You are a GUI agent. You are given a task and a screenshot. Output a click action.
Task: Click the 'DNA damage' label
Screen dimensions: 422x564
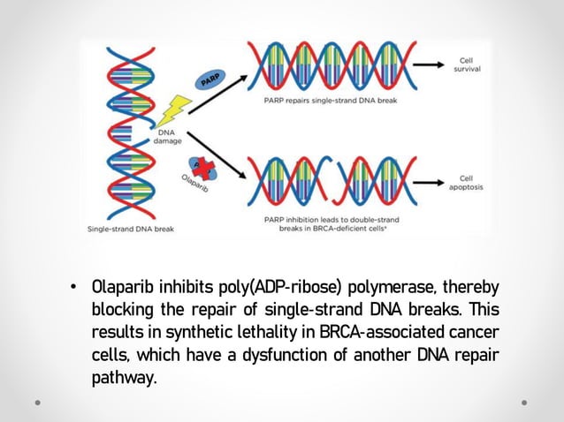click(x=169, y=136)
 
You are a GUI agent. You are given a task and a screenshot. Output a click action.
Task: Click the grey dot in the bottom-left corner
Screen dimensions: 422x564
click(x=37, y=403)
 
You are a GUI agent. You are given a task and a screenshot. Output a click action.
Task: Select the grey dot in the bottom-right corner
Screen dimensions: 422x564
click(x=524, y=403)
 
